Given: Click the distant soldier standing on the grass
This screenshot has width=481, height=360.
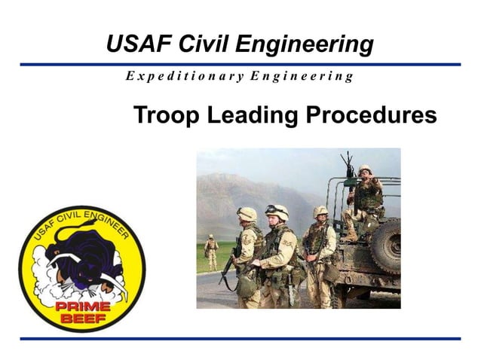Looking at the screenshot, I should (x=212, y=251).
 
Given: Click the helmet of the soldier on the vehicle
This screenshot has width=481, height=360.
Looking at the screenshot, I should (x=365, y=169).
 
